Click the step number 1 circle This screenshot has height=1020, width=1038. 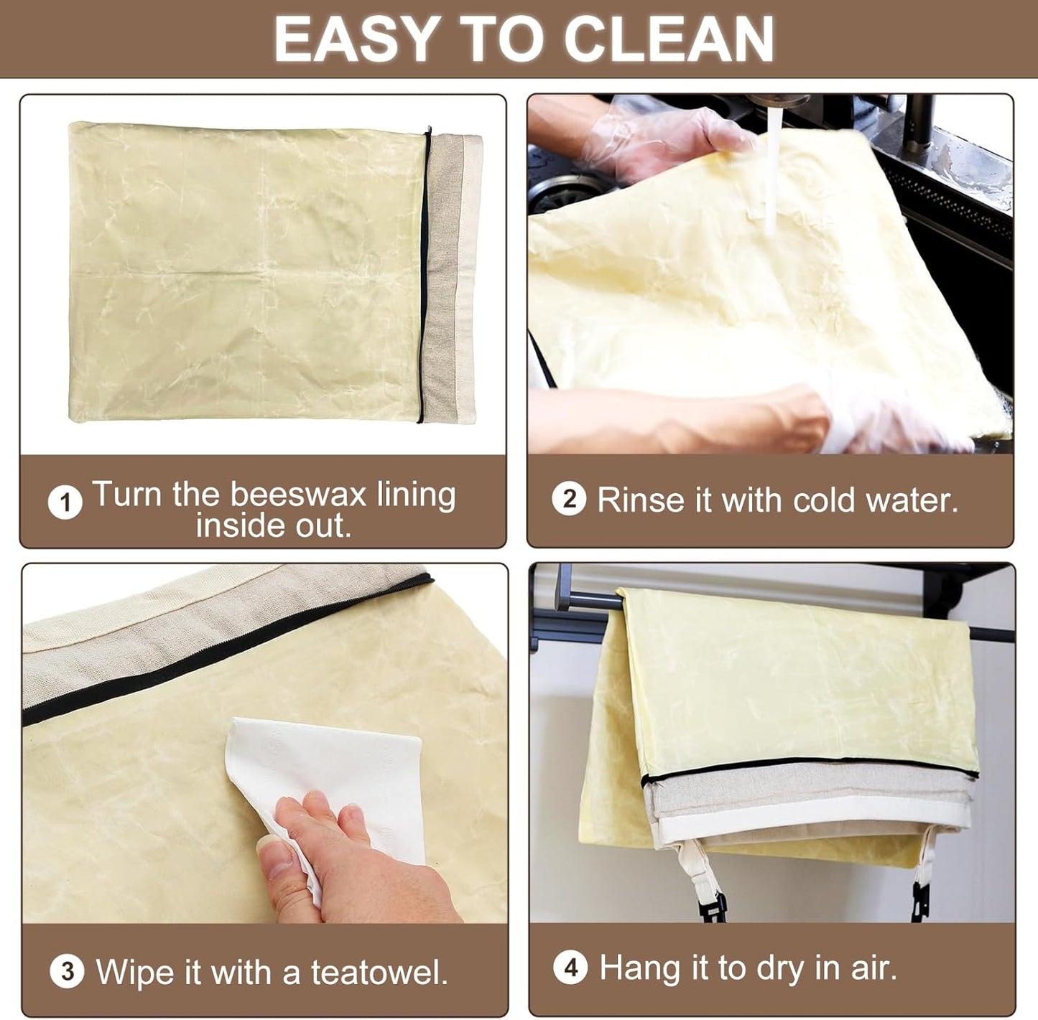(x=65, y=502)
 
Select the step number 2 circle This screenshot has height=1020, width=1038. (x=569, y=499)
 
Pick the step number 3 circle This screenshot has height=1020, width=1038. (x=67, y=971)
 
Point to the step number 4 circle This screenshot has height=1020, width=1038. (x=570, y=968)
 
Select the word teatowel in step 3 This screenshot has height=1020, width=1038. (x=379, y=973)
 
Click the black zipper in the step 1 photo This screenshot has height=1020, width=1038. (x=424, y=273)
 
